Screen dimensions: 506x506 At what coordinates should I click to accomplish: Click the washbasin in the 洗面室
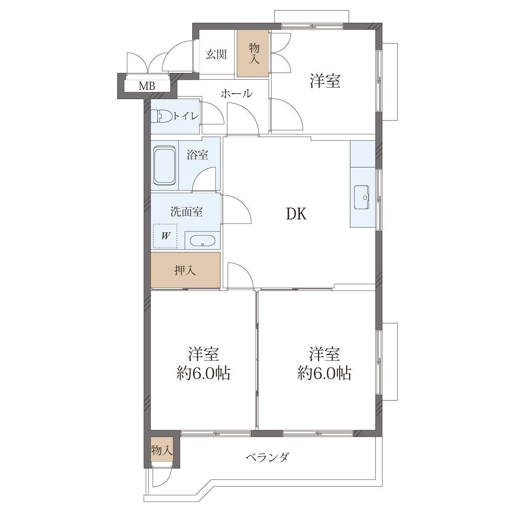(202, 240)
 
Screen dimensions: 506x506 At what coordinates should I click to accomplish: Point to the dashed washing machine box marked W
(165, 236)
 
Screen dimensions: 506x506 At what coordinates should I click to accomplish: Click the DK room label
(296, 214)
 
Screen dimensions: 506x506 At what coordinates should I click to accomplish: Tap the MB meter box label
(147, 86)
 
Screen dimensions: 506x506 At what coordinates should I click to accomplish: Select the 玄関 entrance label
(216, 54)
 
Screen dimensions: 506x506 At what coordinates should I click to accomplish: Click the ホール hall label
(237, 94)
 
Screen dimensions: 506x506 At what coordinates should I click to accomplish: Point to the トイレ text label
(186, 116)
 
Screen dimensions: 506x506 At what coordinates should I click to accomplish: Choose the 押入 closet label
(185, 271)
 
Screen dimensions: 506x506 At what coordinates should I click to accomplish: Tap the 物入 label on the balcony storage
(162, 451)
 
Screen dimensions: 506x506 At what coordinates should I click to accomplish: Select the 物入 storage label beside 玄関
(254, 54)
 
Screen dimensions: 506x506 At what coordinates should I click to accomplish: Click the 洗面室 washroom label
(186, 212)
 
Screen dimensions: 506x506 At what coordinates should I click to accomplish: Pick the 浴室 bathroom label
(197, 155)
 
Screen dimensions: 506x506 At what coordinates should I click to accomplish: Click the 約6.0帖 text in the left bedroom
(203, 373)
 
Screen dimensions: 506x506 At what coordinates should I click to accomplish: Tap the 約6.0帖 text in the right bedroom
(324, 373)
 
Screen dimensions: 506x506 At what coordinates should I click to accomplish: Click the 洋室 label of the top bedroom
(325, 81)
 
